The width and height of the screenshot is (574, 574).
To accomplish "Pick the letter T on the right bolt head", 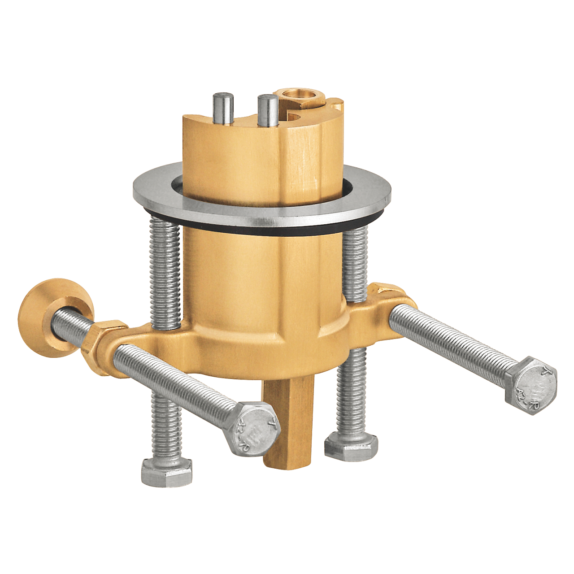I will point(544,371).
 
